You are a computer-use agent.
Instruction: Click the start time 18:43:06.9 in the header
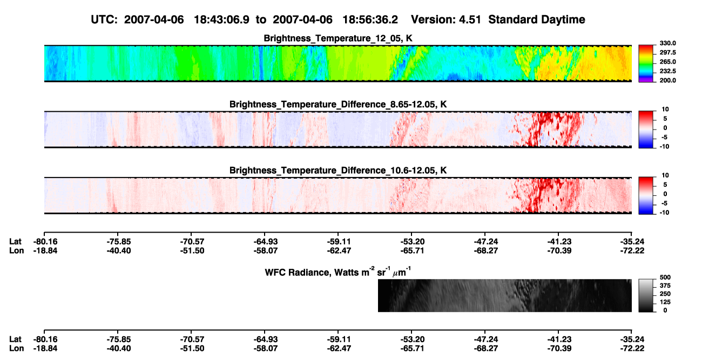click(x=221, y=19)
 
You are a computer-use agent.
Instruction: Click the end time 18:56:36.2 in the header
click(x=370, y=19)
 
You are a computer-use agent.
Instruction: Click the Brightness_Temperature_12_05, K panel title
click(x=338, y=38)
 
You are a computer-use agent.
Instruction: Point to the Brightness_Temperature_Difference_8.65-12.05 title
click(x=338, y=104)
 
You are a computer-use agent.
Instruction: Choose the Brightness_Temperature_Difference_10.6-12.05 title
click(x=338, y=171)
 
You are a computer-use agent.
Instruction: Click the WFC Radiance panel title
click(x=338, y=272)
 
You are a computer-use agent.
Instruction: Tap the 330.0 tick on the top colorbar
click(x=667, y=43)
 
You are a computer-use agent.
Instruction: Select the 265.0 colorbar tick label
click(x=667, y=62)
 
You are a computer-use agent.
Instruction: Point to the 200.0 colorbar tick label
click(x=667, y=80)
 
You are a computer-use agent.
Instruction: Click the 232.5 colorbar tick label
click(x=667, y=71)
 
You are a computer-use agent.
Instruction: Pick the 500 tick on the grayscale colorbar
click(x=665, y=277)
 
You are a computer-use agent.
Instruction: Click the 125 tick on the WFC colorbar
click(x=665, y=302)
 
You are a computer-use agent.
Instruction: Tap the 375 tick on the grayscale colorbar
click(x=665, y=286)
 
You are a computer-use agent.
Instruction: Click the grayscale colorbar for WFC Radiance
click(x=646, y=295)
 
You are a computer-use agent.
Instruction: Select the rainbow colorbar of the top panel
click(x=646, y=64)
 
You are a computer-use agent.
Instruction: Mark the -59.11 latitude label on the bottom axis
click(x=339, y=339)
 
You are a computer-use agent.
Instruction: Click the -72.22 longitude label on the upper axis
click(x=632, y=250)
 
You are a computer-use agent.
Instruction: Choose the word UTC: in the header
click(x=104, y=20)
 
